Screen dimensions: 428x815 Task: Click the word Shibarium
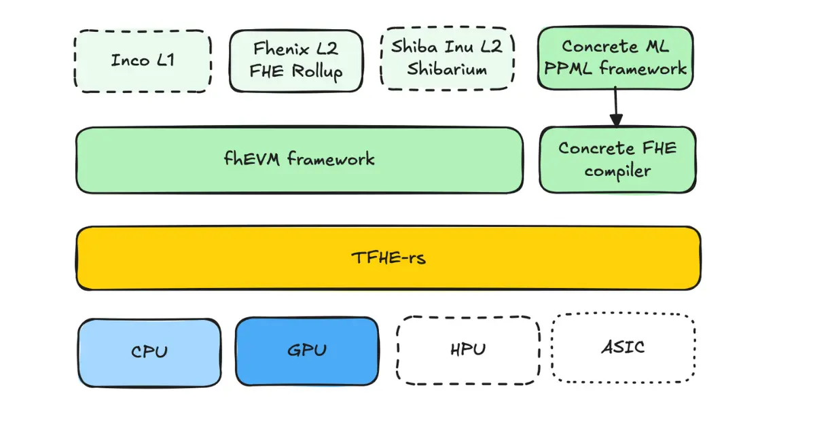click(x=447, y=69)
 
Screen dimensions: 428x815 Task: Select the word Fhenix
click(x=277, y=49)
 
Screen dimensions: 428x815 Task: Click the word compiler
click(x=617, y=171)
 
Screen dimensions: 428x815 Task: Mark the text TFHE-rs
click(x=388, y=258)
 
